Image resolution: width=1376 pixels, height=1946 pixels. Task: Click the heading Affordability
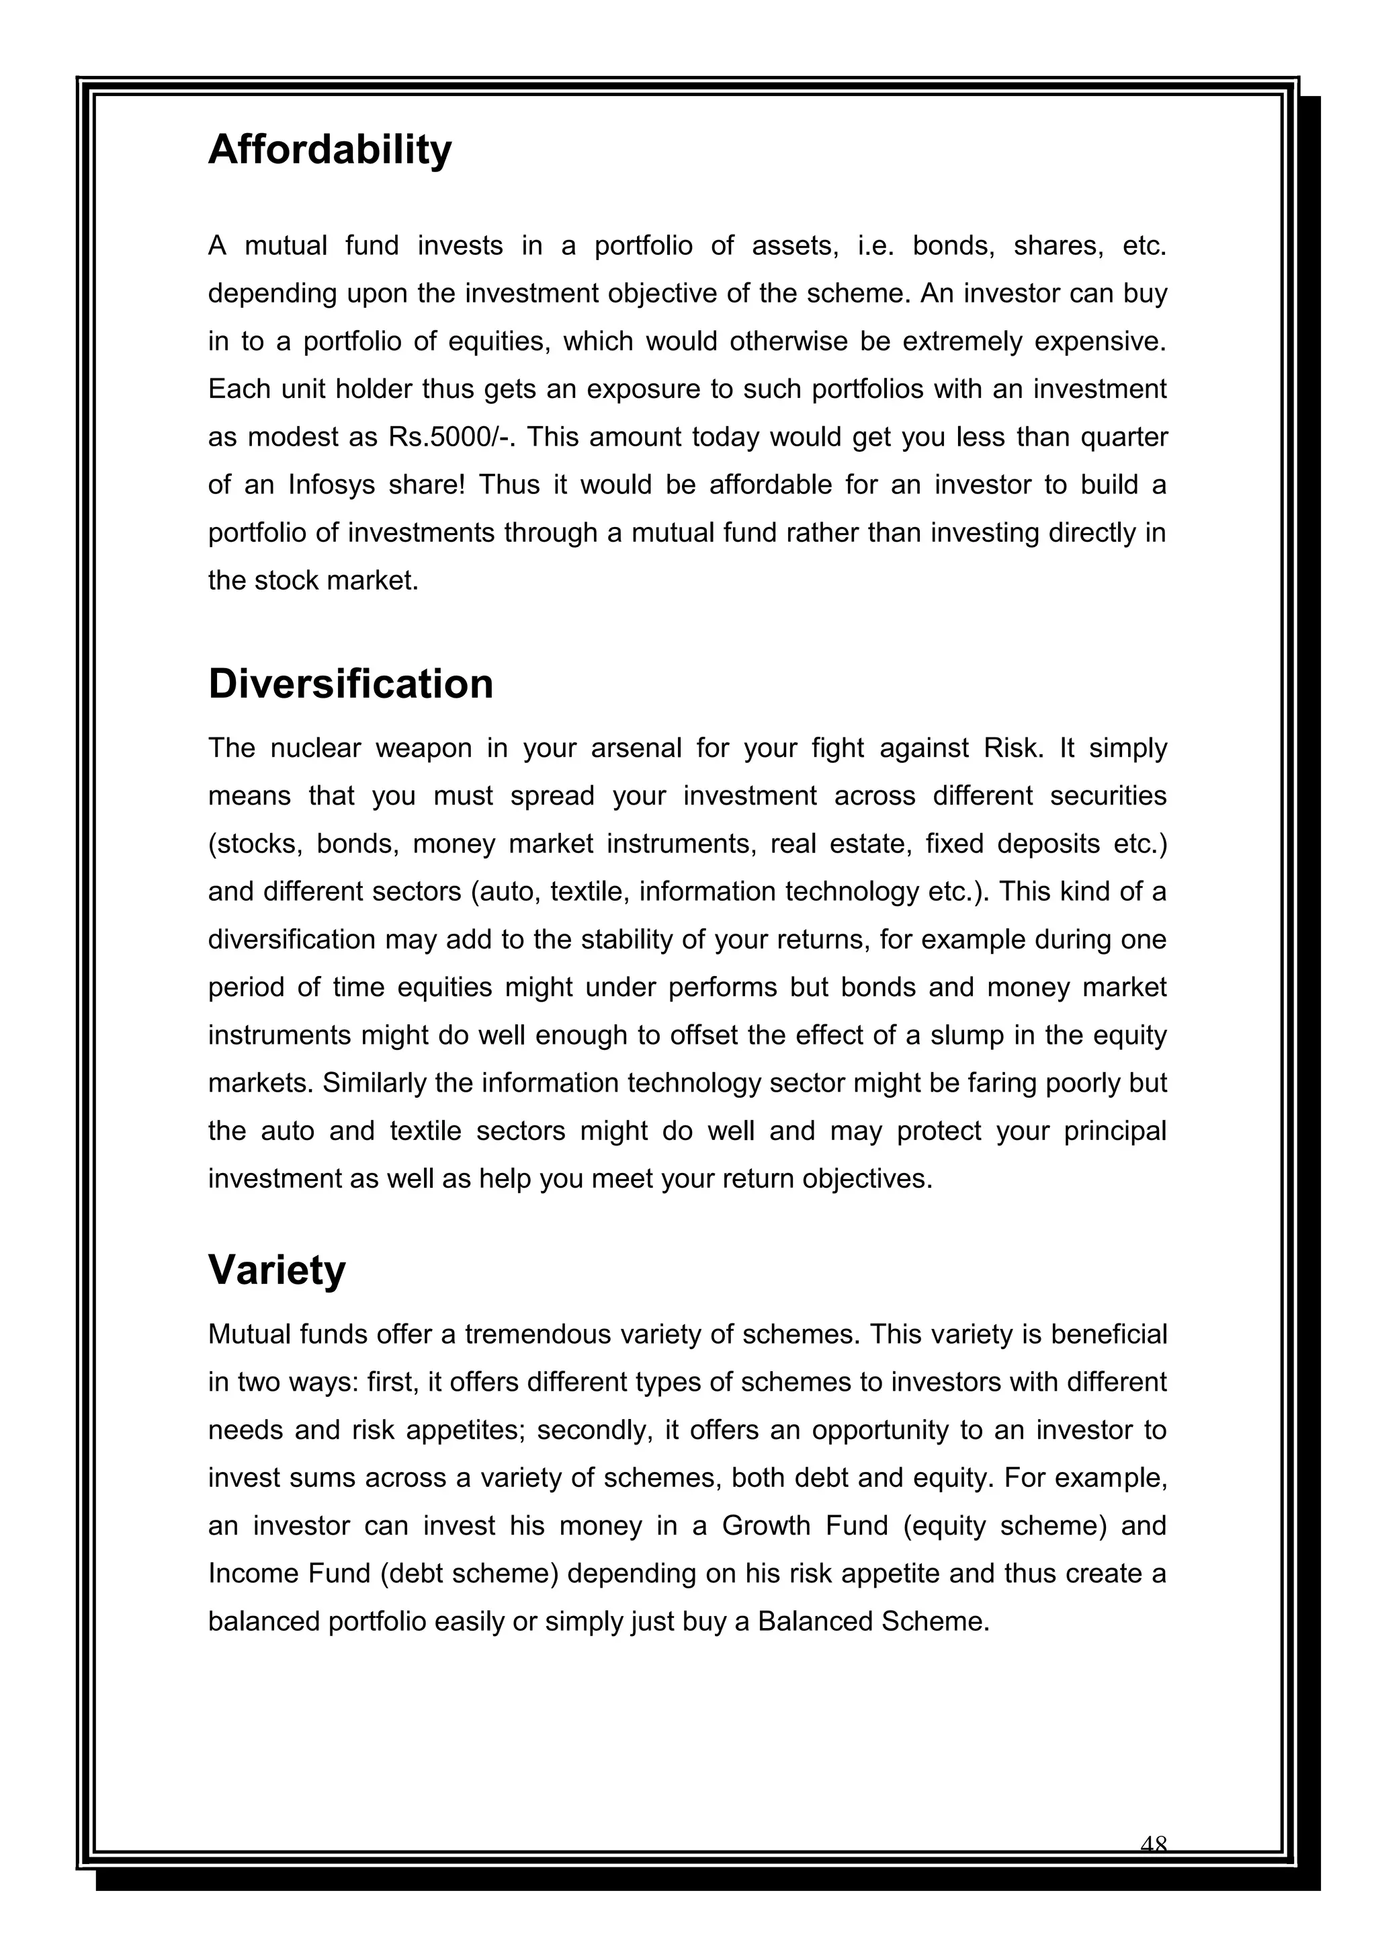pyautogui.click(x=330, y=150)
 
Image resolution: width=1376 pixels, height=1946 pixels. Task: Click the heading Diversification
pyautogui.click(x=350, y=684)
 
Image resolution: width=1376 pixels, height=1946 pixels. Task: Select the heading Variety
pyautogui.click(x=277, y=1270)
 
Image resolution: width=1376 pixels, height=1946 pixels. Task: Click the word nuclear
pyautogui.click(x=314, y=748)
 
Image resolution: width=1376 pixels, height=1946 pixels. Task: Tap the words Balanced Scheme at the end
pyautogui.click(x=873, y=1622)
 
